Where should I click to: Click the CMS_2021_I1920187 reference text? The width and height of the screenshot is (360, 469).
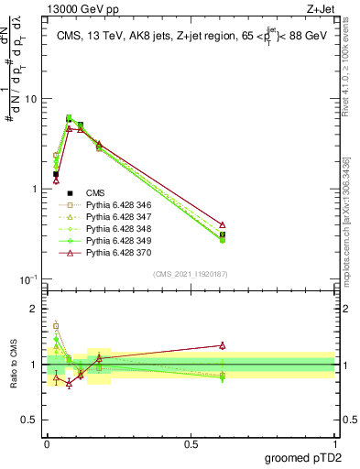tap(190, 274)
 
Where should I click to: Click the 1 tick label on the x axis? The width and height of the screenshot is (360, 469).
tap(333, 443)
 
